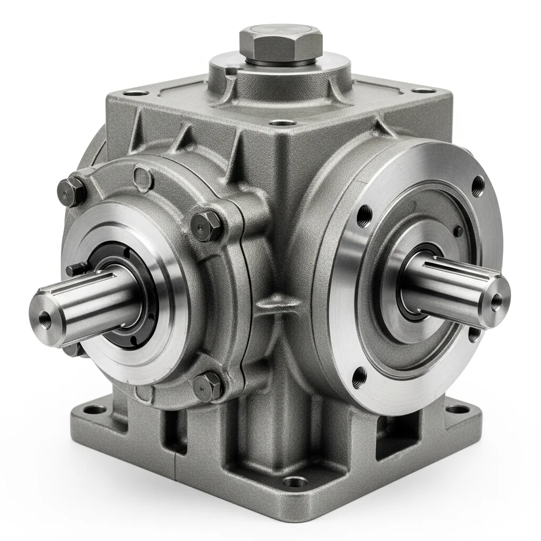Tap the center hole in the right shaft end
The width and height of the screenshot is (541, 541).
496,301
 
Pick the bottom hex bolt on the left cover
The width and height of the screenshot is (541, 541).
207,385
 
